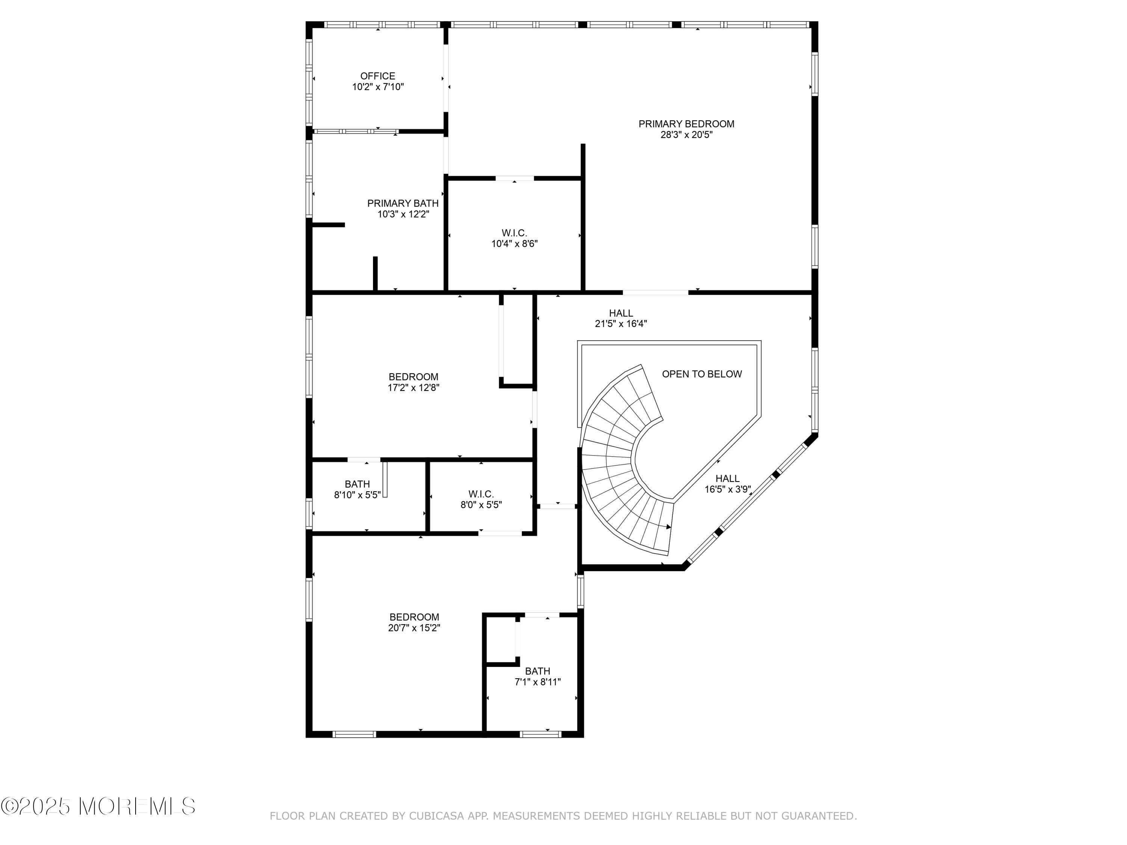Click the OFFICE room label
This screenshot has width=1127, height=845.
(x=378, y=76)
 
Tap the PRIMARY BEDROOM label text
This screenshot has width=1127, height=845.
(x=686, y=124)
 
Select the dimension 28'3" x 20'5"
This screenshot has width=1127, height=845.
(x=686, y=135)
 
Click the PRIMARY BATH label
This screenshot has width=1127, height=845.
(x=402, y=204)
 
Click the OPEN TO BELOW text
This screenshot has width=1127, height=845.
(x=702, y=374)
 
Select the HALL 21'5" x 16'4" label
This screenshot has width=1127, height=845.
(x=621, y=318)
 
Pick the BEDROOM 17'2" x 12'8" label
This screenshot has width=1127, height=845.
(x=413, y=382)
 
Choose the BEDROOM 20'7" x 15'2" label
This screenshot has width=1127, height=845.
(x=414, y=622)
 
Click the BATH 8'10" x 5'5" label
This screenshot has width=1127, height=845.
(x=357, y=489)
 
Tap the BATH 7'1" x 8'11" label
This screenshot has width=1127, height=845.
(x=538, y=676)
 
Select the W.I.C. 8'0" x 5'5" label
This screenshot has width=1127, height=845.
(x=481, y=499)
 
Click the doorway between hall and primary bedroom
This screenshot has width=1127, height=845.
(x=655, y=292)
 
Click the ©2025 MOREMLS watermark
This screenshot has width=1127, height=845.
(x=98, y=806)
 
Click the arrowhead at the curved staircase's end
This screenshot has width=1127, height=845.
(x=668, y=527)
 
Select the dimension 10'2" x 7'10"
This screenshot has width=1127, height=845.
(x=378, y=87)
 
